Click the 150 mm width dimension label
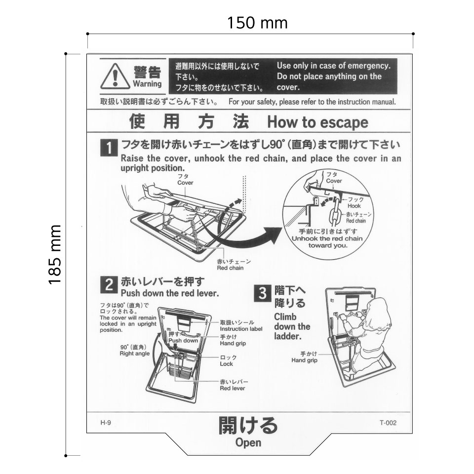(x=257, y=23)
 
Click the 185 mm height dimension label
(x=55, y=254)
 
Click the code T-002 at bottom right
(x=388, y=423)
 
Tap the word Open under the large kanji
(x=248, y=443)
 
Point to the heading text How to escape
(x=317, y=122)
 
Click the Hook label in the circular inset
(x=354, y=206)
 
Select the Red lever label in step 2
(x=232, y=388)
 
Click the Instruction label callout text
(x=241, y=329)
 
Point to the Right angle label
(x=135, y=354)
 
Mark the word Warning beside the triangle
(x=147, y=84)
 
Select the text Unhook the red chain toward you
(x=327, y=241)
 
